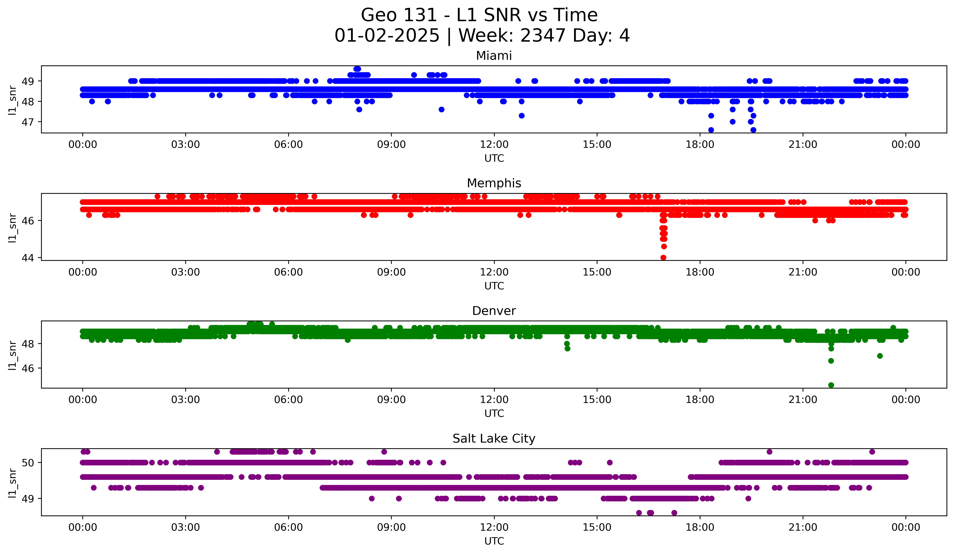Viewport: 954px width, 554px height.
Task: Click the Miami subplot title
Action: [x=494, y=56]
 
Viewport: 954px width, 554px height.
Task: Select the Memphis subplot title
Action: [x=494, y=183]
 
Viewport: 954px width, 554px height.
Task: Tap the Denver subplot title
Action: [x=494, y=311]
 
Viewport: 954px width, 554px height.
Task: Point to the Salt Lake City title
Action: [x=494, y=439]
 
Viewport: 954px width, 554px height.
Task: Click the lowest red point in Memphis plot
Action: [x=663, y=258]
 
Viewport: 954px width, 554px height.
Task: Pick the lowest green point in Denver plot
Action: [x=831, y=385]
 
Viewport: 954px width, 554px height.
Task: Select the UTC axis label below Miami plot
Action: [x=494, y=158]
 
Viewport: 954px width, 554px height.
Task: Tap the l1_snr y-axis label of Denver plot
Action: [x=12, y=355]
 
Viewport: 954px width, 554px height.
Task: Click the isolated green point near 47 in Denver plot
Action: [x=880, y=356]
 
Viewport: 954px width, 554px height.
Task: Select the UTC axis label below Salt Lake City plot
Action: [x=494, y=541]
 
